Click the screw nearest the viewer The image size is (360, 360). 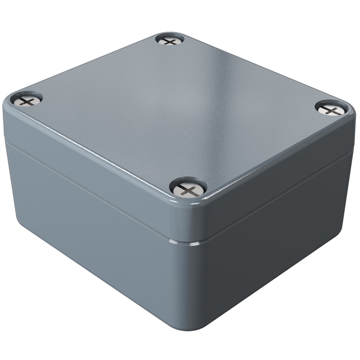coord(188,190)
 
